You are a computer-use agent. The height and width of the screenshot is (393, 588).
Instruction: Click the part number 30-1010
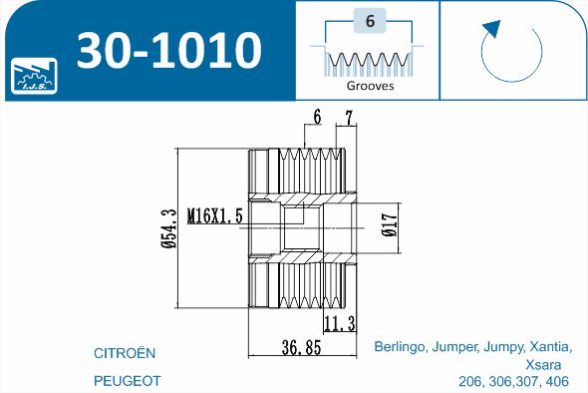(x=168, y=50)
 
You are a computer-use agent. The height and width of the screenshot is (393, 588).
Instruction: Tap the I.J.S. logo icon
(x=34, y=76)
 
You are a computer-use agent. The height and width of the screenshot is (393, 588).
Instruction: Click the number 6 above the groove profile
(x=370, y=21)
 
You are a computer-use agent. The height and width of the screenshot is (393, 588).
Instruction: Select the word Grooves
(x=370, y=86)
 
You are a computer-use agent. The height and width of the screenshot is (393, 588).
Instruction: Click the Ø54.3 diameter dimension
(x=168, y=228)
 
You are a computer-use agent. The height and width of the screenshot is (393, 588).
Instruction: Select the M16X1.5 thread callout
(x=215, y=215)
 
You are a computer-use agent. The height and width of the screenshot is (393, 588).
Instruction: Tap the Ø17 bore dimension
(x=390, y=224)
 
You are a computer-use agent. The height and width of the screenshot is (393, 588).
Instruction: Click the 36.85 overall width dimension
(x=302, y=347)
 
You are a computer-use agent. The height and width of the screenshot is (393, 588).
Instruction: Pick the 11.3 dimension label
(x=340, y=323)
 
